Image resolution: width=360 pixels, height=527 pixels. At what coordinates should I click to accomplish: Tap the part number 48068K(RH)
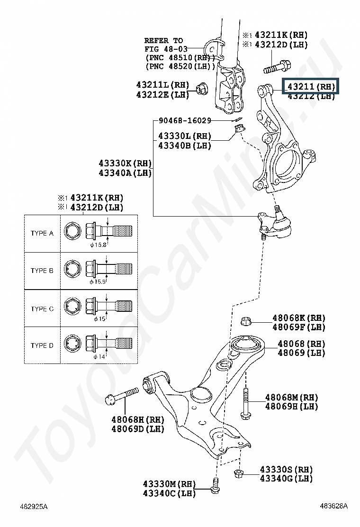[298, 318]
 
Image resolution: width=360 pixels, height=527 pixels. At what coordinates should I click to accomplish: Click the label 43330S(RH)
[286, 469]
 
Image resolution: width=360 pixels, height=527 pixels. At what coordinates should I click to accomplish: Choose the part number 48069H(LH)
[291, 407]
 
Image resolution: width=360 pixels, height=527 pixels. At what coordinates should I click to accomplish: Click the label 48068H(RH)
[137, 419]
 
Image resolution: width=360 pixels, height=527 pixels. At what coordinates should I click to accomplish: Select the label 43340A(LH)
[125, 173]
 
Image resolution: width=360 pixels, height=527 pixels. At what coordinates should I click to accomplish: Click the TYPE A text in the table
[43, 233]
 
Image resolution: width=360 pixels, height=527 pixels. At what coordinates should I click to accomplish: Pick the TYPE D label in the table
[43, 345]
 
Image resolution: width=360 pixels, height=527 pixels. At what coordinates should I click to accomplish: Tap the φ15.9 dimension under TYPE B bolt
[98, 282]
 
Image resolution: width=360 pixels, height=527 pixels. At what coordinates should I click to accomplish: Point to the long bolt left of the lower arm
[123, 395]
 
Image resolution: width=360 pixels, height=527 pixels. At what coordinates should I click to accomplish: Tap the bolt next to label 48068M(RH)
[245, 403]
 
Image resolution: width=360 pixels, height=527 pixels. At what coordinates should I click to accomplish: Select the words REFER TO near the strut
[163, 40]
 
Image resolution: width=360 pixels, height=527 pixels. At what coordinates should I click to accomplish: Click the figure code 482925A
[33, 506]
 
